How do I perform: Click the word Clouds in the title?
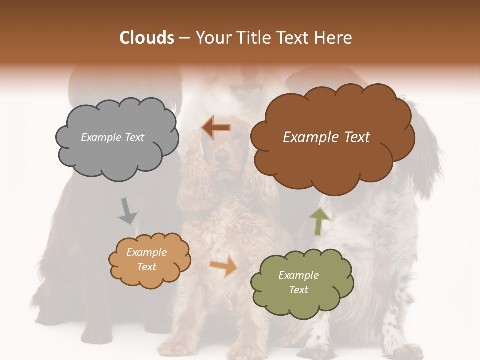click(147, 38)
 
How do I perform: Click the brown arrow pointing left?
click(216, 128)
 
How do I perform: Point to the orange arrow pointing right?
click(224, 267)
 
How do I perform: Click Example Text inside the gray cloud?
click(112, 137)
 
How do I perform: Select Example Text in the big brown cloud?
click(326, 137)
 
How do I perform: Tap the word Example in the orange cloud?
click(146, 252)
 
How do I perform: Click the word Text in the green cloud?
click(298, 290)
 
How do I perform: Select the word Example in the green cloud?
click(298, 275)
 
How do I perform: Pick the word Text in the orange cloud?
click(146, 267)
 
